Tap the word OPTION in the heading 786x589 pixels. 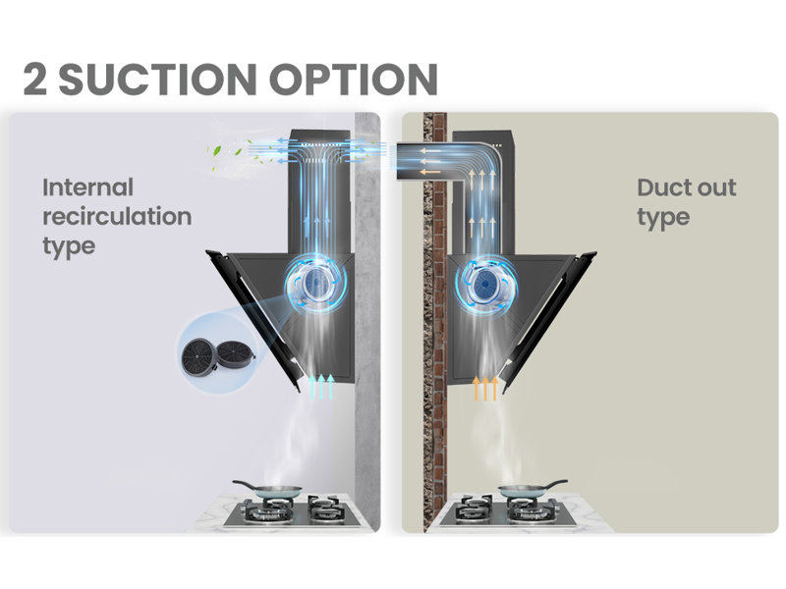click(354, 80)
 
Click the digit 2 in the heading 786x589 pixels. click(35, 80)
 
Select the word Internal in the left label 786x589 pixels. click(87, 187)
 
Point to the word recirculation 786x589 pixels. click(117, 216)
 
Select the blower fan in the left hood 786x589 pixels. click(315, 284)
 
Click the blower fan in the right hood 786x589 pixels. click(485, 284)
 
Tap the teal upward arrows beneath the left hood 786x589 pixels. click(321, 386)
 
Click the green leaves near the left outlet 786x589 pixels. click(236, 155)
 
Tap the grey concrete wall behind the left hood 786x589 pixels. click(366, 321)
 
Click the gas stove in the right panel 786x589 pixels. click(506, 510)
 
